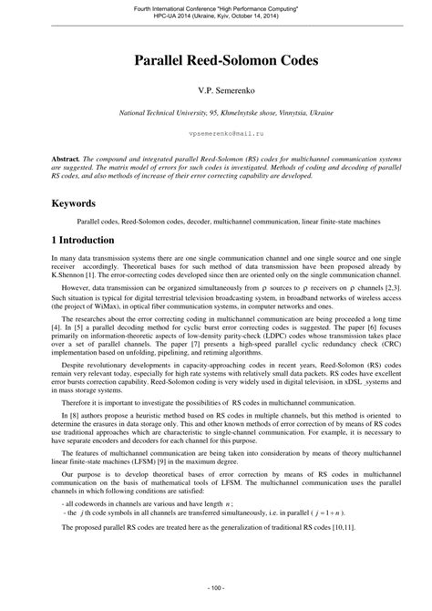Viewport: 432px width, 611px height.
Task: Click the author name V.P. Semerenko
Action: (x=216, y=91)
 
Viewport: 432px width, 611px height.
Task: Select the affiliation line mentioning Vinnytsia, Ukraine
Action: (x=216, y=113)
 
